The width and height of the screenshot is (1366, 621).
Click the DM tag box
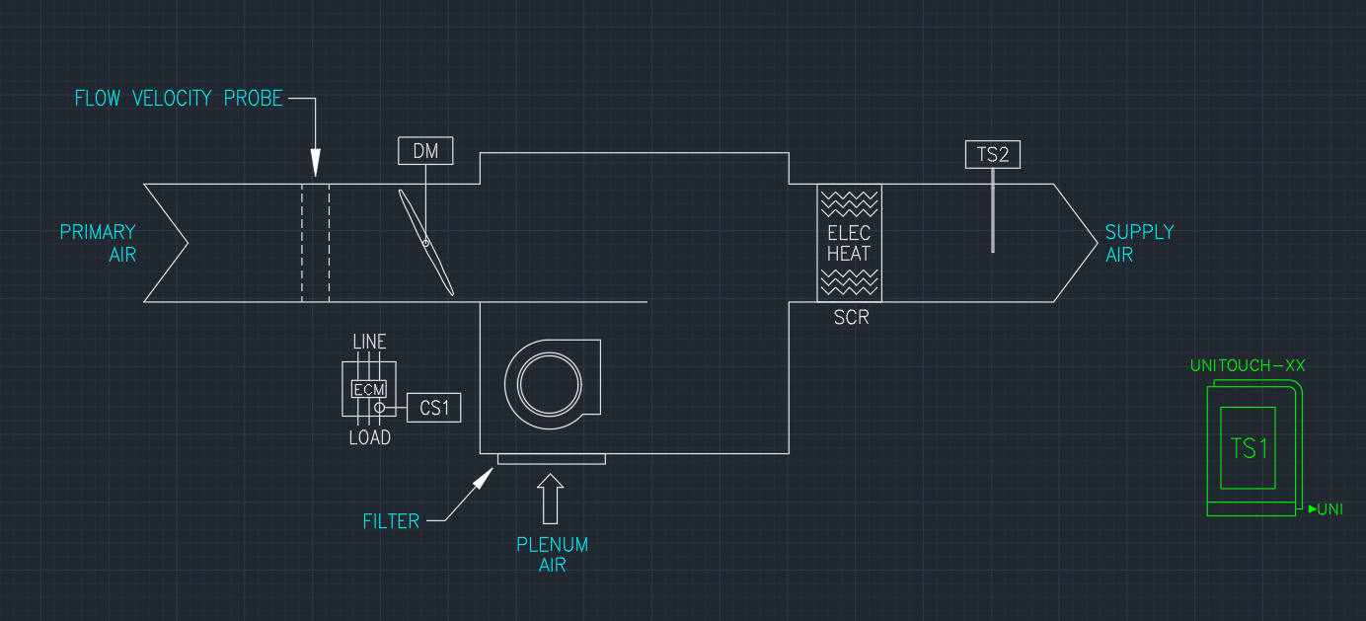pyautogui.click(x=425, y=151)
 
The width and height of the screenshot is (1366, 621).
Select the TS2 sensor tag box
pyautogui.click(x=992, y=154)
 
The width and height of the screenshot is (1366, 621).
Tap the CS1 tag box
pyautogui.click(x=434, y=407)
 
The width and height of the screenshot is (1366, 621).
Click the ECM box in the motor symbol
pyautogui.click(x=369, y=390)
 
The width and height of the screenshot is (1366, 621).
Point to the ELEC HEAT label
pyautogui.click(x=849, y=243)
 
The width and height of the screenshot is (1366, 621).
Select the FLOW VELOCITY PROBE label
pyautogui.click(x=179, y=99)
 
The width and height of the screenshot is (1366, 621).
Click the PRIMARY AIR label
pyautogui.click(x=98, y=243)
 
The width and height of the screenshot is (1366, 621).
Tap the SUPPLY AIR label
pyautogui.click(x=1139, y=243)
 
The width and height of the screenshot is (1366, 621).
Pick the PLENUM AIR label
pyautogui.click(x=552, y=555)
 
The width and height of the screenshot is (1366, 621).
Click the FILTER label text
pyautogui.click(x=391, y=520)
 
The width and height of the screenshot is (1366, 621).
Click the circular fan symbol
pyautogui.click(x=539, y=383)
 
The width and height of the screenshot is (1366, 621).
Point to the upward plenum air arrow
pyautogui.click(x=552, y=499)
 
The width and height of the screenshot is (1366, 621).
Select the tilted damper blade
pyautogui.click(x=426, y=242)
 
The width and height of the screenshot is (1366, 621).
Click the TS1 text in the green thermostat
pyautogui.click(x=1249, y=448)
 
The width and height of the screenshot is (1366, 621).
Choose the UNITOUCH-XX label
pyautogui.click(x=1248, y=365)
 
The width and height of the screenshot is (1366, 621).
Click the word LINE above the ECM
pyautogui.click(x=369, y=342)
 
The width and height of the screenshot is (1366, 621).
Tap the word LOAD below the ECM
pyautogui.click(x=369, y=437)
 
